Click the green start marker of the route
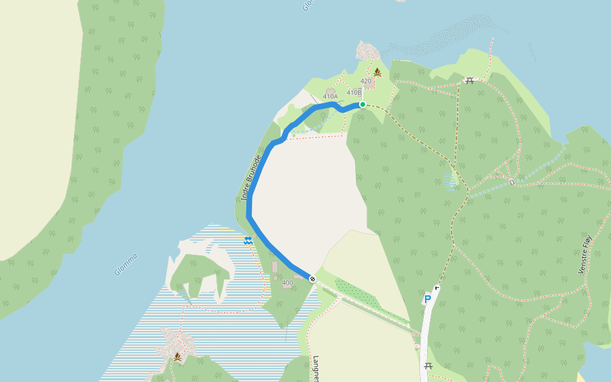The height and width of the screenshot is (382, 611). (x=362, y=104)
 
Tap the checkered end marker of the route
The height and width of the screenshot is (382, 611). (x=313, y=279)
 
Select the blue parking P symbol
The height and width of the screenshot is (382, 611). (x=427, y=299)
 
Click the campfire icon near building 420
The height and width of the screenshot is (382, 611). (x=377, y=73)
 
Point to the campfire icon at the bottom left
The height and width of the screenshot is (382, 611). (x=178, y=357)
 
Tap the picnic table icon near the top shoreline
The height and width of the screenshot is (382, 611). (x=470, y=80)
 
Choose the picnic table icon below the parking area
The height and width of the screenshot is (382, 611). (x=428, y=366)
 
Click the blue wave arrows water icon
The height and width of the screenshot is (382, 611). (x=248, y=240)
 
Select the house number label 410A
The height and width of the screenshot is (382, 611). (x=330, y=97)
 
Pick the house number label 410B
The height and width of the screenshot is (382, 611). (x=354, y=93)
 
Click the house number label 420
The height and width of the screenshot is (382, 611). (x=365, y=81)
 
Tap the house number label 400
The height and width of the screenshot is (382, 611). (x=287, y=283)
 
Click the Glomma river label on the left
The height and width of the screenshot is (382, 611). (x=125, y=264)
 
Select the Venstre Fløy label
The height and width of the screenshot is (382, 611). (x=585, y=255)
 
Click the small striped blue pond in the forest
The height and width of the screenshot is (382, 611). (x=451, y=182)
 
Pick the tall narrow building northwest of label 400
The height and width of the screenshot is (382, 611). (x=275, y=267)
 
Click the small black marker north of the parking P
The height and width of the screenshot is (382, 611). (x=437, y=287)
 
